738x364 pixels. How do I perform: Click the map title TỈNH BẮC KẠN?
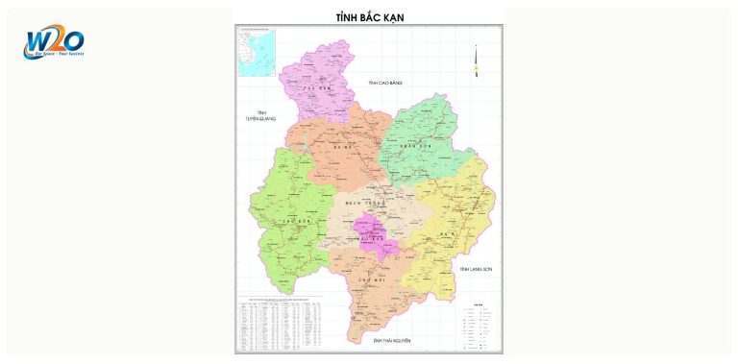(370, 18)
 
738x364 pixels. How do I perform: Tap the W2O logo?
(55, 42)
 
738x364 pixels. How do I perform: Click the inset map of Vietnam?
(257, 52)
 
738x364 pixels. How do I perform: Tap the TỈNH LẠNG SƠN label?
(476, 269)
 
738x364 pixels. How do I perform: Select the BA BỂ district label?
(341, 147)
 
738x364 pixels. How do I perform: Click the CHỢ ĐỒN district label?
(284, 220)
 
